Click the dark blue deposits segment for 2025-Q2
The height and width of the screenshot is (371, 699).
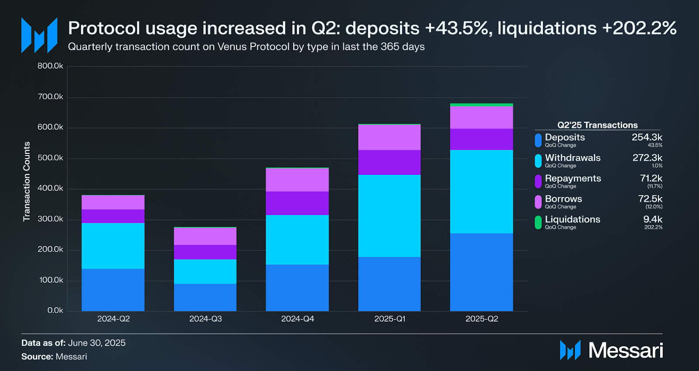pyautogui.click(x=481, y=272)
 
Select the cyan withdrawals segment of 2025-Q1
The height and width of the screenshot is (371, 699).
pyautogui.click(x=389, y=215)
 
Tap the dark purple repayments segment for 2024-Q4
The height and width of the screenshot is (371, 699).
pyautogui.click(x=297, y=203)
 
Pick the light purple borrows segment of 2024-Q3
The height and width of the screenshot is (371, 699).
pyautogui.click(x=205, y=236)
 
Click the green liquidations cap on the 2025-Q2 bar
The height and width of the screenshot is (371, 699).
pyautogui.click(x=481, y=105)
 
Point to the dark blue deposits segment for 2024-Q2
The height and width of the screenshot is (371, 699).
pyautogui.click(x=113, y=290)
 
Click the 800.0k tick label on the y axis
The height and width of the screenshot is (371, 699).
pyautogui.click(x=50, y=66)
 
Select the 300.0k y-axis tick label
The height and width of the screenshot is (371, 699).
pyautogui.click(x=50, y=219)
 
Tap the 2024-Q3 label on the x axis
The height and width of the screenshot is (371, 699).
pyautogui.click(x=205, y=319)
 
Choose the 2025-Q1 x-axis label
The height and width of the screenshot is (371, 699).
pyautogui.click(x=390, y=319)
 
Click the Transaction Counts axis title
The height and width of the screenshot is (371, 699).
pyautogui.click(x=27, y=181)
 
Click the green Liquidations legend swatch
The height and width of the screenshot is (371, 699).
pyautogui.click(x=538, y=222)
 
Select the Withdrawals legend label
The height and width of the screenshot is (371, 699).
pyautogui.click(x=572, y=158)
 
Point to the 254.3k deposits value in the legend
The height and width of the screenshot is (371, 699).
pyautogui.click(x=647, y=137)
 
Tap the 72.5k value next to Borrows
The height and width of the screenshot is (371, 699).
pyautogui.click(x=650, y=199)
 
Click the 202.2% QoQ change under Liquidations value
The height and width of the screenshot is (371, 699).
pyautogui.click(x=653, y=227)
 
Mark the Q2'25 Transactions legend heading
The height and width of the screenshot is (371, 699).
pyautogui.click(x=597, y=125)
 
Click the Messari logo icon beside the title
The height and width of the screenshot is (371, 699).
pyautogui.click(x=39, y=35)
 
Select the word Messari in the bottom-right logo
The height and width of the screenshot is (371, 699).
pyautogui.click(x=626, y=350)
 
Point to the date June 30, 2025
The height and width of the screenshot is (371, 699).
pyautogui.click(x=97, y=343)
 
